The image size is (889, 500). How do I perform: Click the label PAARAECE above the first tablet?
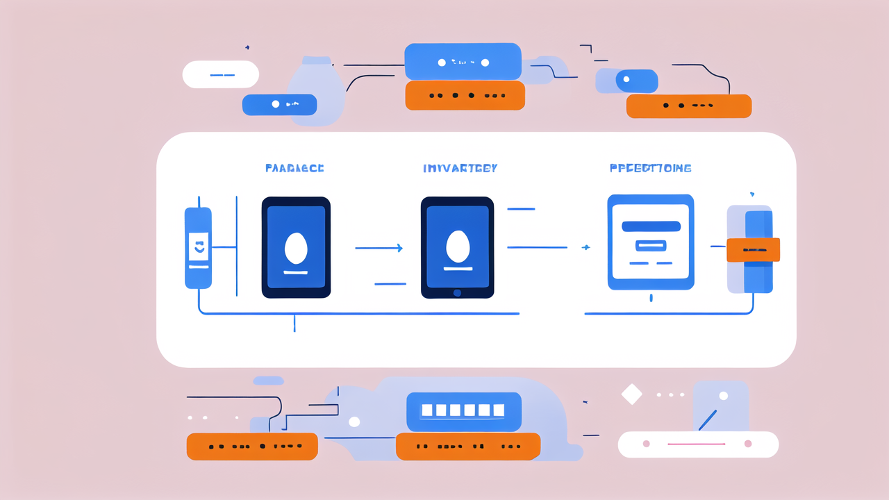click(x=294, y=168)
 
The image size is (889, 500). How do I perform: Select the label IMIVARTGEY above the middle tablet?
click(x=460, y=168)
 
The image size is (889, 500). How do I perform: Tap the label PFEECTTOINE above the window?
click(x=650, y=168)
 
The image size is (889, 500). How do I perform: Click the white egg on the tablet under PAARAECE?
click(x=296, y=248)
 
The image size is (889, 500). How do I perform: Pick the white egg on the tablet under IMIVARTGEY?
click(x=457, y=247)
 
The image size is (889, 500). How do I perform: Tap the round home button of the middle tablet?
click(x=457, y=292)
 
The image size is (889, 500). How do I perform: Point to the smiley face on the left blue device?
click(x=199, y=246)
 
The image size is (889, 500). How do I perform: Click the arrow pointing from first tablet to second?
click(x=379, y=248)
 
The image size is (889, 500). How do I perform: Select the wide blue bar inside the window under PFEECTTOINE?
click(x=651, y=226)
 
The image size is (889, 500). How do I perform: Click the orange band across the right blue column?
click(x=753, y=250)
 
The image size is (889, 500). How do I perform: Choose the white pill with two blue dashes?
click(x=221, y=74)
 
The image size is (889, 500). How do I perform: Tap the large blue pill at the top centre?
click(x=463, y=62)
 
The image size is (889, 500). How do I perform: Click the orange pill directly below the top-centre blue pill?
click(x=465, y=96)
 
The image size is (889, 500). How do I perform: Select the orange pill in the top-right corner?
click(x=688, y=106)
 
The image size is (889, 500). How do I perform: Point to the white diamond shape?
click(x=631, y=394)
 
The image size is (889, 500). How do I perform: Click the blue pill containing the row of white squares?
click(x=463, y=410)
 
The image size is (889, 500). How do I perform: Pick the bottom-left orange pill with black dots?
click(x=252, y=447)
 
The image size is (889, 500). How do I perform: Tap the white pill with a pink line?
click(x=697, y=444)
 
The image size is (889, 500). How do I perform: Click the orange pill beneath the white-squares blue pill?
click(x=467, y=447)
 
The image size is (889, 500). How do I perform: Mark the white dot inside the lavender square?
click(x=723, y=396)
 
